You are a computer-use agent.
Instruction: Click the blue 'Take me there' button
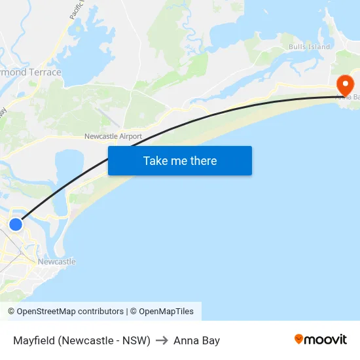(x=180, y=160)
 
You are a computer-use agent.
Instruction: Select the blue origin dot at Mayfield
(x=16, y=225)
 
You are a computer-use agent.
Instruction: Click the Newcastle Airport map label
(x=113, y=136)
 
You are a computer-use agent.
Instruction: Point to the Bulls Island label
(x=310, y=47)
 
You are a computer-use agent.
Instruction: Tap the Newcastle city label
(x=56, y=262)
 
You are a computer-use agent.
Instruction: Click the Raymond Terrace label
(x=30, y=73)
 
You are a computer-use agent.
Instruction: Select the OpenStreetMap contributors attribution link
(x=70, y=312)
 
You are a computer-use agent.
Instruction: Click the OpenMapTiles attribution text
(x=166, y=312)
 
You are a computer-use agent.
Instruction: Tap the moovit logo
(x=321, y=339)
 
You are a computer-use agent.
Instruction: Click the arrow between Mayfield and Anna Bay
(x=162, y=340)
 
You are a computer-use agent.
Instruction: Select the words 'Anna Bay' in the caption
(x=196, y=340)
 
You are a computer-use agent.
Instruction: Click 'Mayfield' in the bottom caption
(x=34, y=340)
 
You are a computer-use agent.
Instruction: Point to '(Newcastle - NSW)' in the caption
(x=105, y=340)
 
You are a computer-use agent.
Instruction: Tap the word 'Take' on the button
(x=154, y=160)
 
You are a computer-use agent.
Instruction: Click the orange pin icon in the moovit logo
(x=299, y=339)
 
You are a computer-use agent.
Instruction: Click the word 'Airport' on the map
(x=130, y=136)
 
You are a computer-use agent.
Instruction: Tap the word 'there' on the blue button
(x=203, y=160)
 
